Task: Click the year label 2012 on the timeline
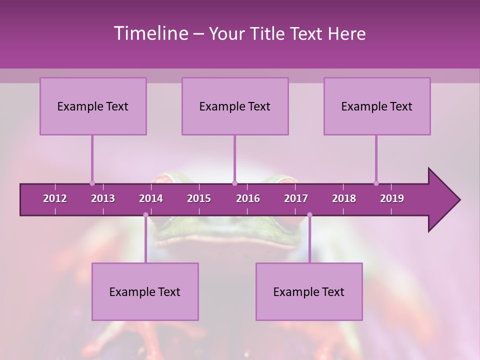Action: click(x=55, y=198)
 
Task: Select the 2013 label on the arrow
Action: click(x=103, y=198)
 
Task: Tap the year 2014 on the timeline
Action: click(x=151, y=198)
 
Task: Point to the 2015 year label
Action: click(x=199, y=198)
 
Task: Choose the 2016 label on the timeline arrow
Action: click(x=248, y=198)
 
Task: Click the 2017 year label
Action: click(x=296, y=198)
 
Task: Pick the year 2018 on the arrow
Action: click(x=344, y=198)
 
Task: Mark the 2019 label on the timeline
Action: click(x=392, y=198)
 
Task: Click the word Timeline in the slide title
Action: click(x=150, y=33)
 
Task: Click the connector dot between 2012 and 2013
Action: click(x=92, y=183)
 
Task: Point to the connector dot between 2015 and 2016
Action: click(x=234, y=183)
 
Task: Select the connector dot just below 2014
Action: click(x=145, y=215)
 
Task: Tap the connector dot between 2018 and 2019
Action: click(x=376, y=183)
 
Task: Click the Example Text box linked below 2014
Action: click(x=145, y=292)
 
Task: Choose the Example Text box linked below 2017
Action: click(x=309, y=292)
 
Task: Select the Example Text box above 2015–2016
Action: click(x=235, y=106)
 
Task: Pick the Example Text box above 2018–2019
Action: click(x=377, y=106)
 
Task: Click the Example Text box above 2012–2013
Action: click(x=93, y=106)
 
